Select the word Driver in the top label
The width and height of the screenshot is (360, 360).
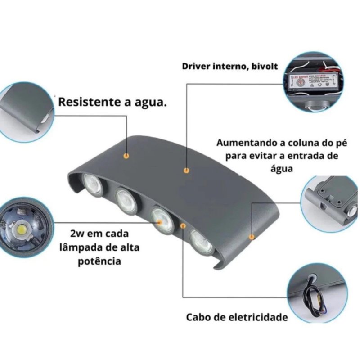(x=195, y=66)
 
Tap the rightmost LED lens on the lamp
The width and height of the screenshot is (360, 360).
(x=202, y=243)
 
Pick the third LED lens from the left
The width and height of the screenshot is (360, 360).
(x=162, y=218)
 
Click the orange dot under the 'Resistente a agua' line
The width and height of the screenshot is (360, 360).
(x=127, y=155)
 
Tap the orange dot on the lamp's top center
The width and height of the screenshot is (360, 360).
(x=186, y=171)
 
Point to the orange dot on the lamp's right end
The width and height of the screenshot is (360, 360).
(x=252, y=236)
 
